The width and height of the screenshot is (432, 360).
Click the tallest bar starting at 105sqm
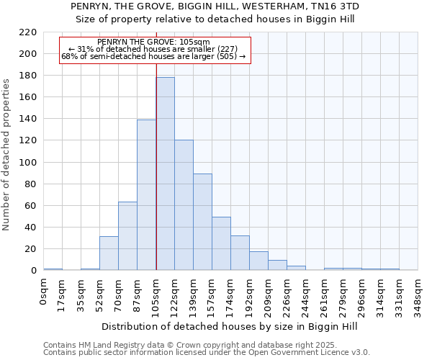[165, 174]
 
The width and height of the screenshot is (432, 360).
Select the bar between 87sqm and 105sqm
[146, 194]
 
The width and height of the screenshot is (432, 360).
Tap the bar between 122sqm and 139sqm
[184, 205]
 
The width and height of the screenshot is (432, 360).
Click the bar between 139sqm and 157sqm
[202, 222]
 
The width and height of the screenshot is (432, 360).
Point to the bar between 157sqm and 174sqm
[221, 243]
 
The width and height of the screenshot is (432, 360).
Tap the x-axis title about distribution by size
[230, 327]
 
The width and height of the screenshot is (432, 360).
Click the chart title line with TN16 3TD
[215, 6]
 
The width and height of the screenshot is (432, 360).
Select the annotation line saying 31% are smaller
[153, 49]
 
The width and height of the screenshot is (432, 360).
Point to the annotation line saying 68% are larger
[153, 56]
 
